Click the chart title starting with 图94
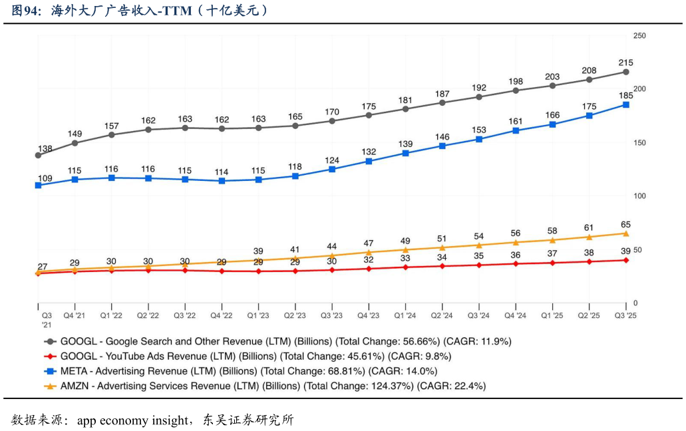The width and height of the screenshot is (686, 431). point(140,11)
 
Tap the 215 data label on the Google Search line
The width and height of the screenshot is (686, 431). point(625,63)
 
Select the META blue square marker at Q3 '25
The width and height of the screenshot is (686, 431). point(625,104)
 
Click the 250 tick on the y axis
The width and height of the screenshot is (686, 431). point(639,35)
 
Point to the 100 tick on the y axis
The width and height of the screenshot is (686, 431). point(639,196)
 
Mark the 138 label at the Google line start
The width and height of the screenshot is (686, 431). point(45,149)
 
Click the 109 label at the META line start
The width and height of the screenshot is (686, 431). point(45,178)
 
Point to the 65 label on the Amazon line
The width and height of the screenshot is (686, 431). point(625,224)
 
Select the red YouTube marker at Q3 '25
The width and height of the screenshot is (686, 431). point(625,260)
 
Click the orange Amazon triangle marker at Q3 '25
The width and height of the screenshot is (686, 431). point(625,233)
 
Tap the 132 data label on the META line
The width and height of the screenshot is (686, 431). point(369,152)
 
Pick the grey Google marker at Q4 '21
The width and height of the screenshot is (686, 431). point(75,143)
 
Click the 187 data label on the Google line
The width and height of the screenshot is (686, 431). point(442,94)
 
